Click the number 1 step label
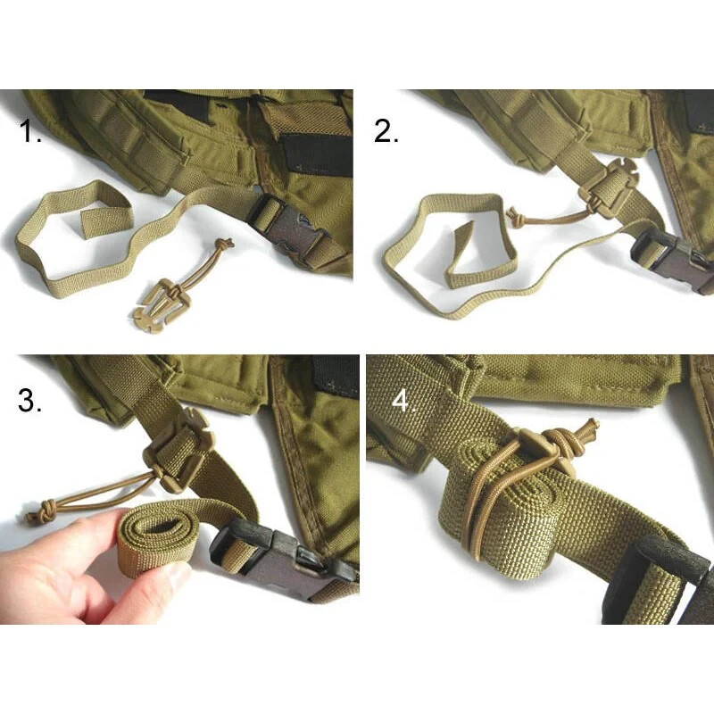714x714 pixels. pyautogui.click(x=32, y=135)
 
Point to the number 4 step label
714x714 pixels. pyautogui.click(x=404, y=401)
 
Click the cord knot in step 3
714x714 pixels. pyautogui.click(x=41, y=514)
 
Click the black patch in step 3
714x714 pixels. pyautogui.click(x=336, y=375)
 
